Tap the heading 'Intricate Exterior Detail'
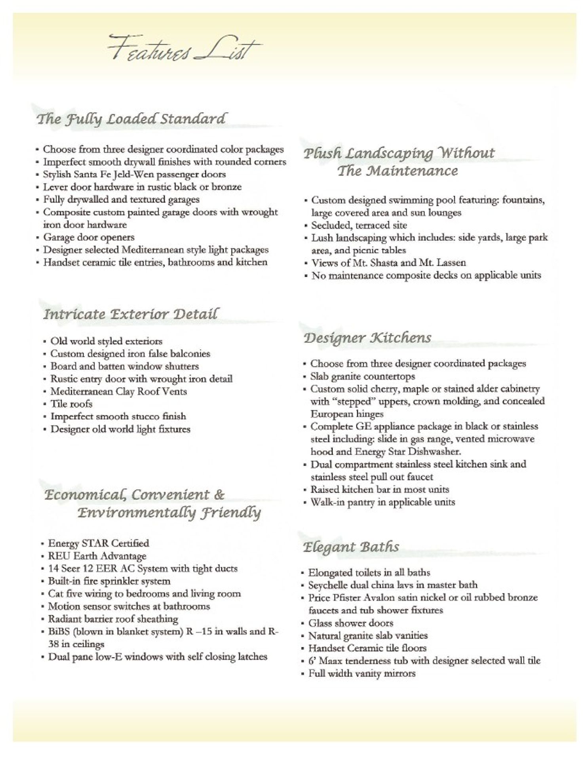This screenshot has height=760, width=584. [130, 314]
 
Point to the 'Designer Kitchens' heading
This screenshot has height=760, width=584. [367, 338]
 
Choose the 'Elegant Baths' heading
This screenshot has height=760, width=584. [351, 547]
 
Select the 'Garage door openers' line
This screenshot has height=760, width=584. [89, 237]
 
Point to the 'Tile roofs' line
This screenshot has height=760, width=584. [71, 404]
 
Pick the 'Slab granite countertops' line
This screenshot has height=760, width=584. [362, 376]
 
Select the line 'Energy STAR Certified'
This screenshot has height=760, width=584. [98, 543]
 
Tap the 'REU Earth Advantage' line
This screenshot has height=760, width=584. [97, 556]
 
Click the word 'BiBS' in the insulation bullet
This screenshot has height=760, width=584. [56, 632]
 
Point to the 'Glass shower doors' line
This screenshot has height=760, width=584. [350, 623]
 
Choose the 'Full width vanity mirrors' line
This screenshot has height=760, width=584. [362, 673]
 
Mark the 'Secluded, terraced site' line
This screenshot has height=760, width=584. [359, 225]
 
